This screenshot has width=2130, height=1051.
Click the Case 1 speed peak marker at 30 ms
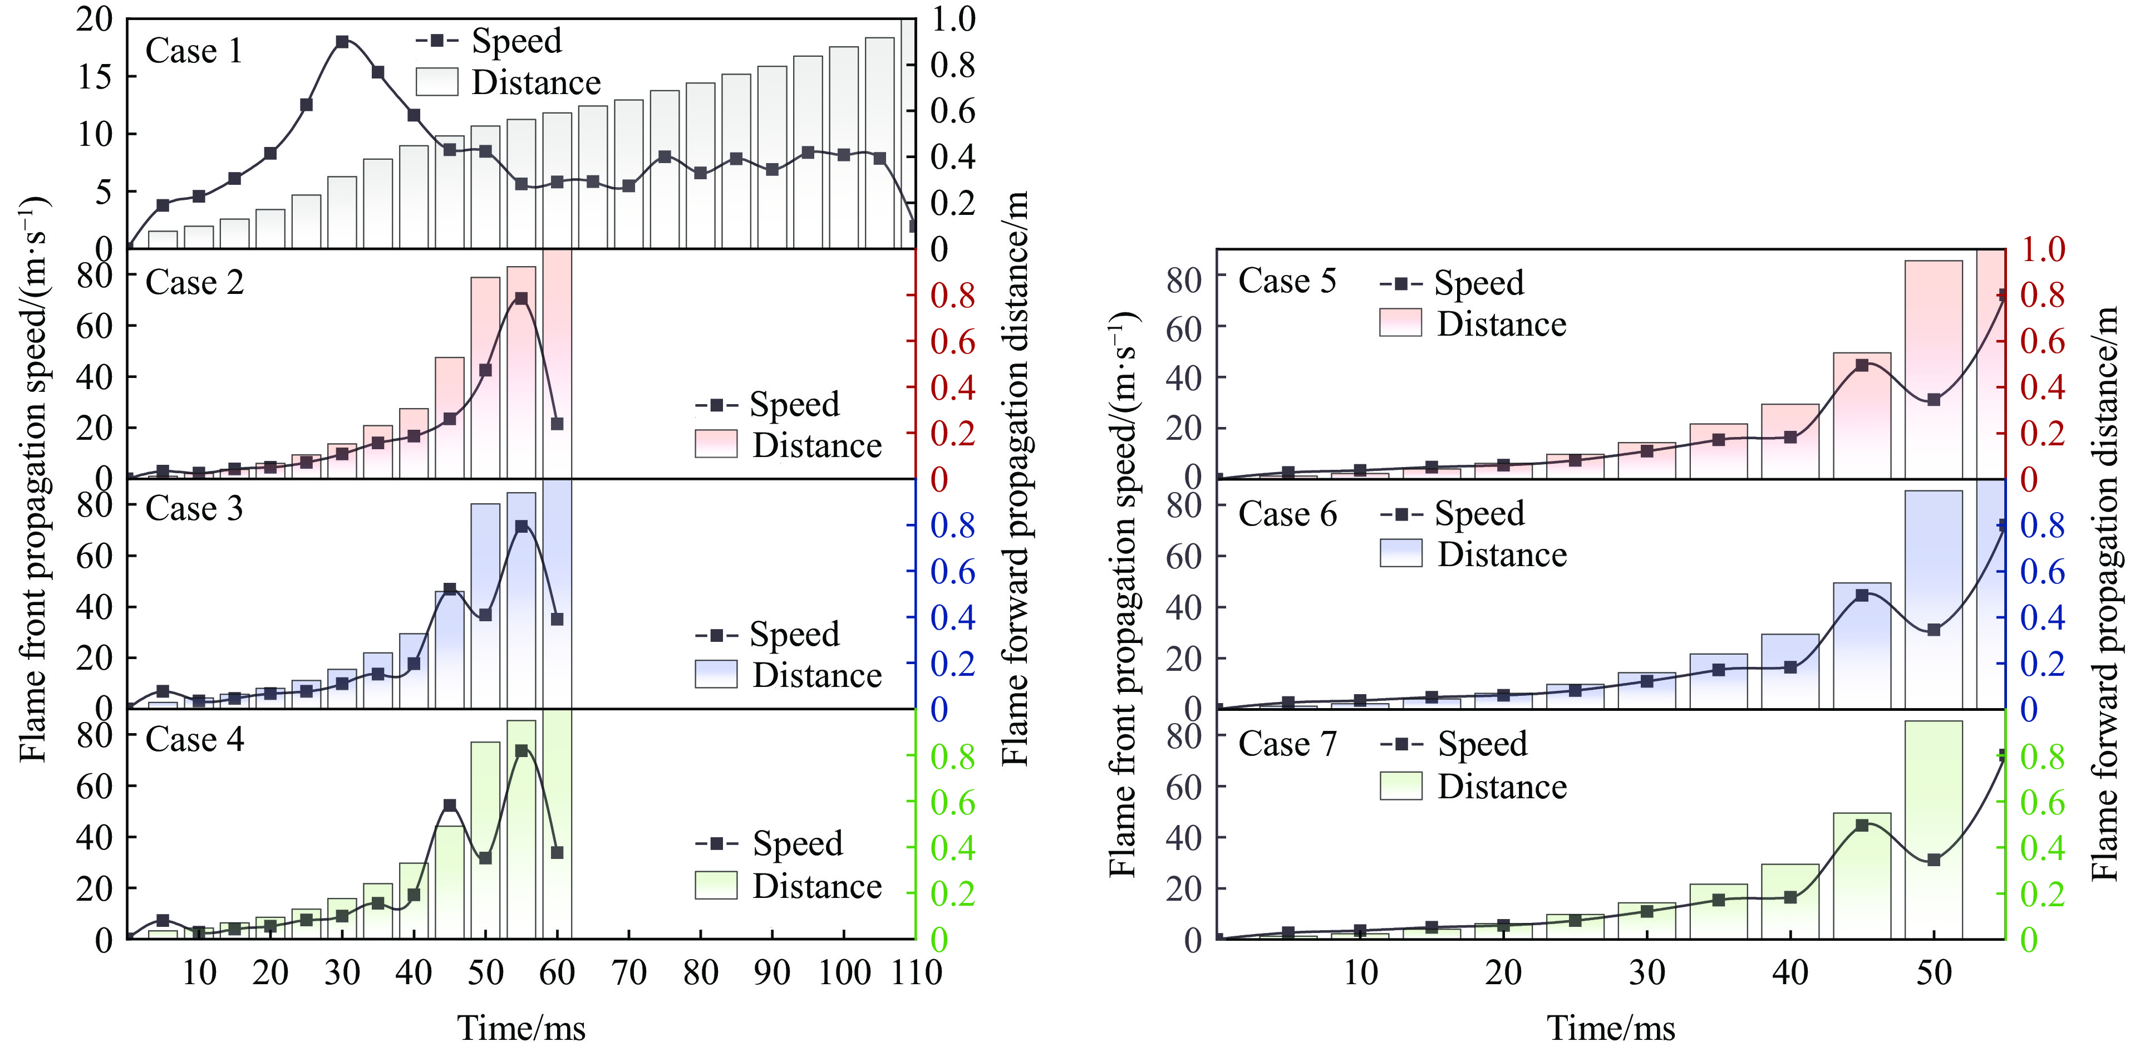342,41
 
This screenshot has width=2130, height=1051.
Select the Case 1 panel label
194,51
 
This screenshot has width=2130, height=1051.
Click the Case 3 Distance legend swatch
715,674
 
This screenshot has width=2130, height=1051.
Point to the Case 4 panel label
194,739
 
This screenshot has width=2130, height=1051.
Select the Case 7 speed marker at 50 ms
1933,860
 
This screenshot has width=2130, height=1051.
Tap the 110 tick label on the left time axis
916,973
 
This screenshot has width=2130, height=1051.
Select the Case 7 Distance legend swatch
1401,785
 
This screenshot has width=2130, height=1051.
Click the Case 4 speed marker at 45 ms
450,804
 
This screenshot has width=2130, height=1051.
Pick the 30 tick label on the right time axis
1646,973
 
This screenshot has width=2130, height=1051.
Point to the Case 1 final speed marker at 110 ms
913,226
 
